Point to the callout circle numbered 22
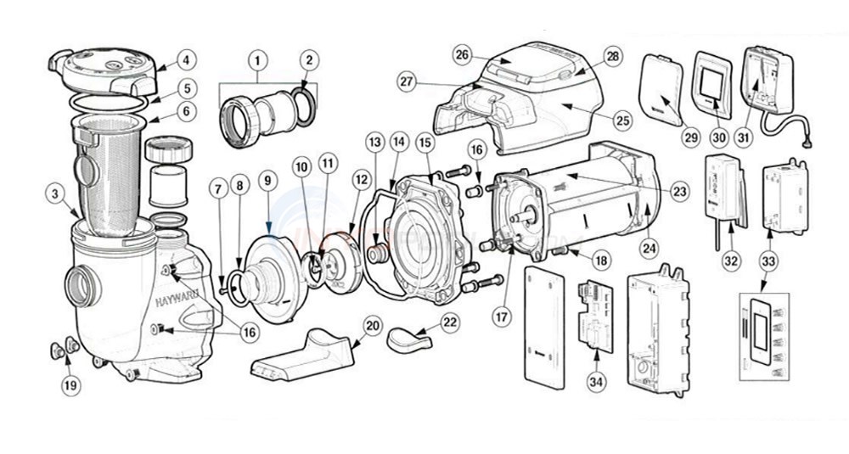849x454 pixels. click(x=450, y=323)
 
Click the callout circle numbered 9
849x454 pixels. click(x=267, y=181)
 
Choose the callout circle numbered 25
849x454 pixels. click(x=623, y=121)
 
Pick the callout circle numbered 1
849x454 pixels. click(x=255, y=60)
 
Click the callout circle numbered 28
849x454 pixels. click(x=611, y=55)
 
